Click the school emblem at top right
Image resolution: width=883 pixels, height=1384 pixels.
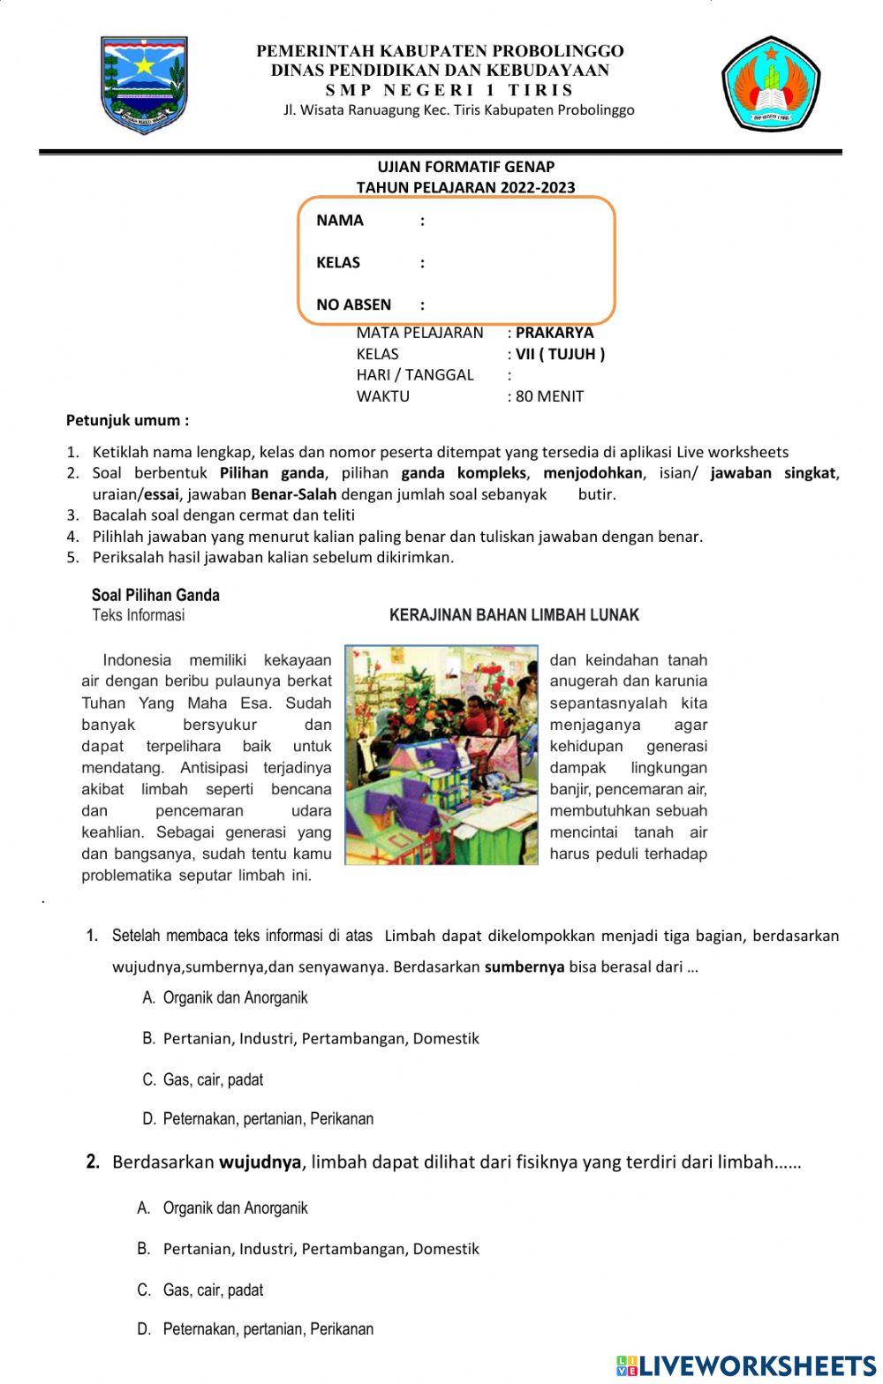(x=771, y=84)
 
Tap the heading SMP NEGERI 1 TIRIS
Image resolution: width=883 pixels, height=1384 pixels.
(x=449, y=90)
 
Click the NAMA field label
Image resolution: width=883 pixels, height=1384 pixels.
(x=340, y=221)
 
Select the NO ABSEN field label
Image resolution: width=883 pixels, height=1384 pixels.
(x=353, y=305)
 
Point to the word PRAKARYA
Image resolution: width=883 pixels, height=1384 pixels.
(x=555, y=333)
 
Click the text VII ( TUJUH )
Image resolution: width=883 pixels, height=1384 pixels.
(x=560, y=354)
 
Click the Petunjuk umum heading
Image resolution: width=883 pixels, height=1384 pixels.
(x=127, y=420)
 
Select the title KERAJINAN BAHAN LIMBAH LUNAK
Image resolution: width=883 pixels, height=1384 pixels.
(x=514, y=615)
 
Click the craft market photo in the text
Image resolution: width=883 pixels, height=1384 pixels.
(x=441, y=755)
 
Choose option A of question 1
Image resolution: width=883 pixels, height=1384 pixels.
(x=234, y=998)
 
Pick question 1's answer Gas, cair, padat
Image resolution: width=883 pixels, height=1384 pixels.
(x=212, y=1079)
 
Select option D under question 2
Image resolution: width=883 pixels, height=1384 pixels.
(x=267, y=1329)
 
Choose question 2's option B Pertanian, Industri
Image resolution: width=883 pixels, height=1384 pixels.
(x=320, y=1249)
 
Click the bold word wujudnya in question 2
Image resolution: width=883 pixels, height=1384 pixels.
(x=260, y=1162)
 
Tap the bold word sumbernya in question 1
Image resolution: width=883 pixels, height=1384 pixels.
(x=524, y=967)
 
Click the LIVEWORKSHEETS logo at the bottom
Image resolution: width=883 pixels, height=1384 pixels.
(x=746, y=1365)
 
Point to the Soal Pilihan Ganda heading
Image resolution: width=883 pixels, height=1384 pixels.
(x=155, y=595)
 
